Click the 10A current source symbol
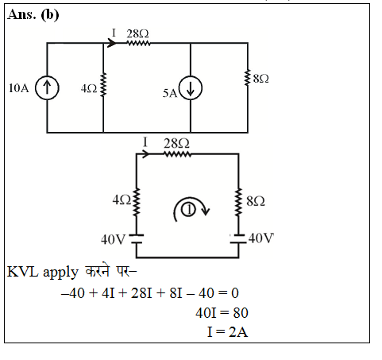pos(47,87)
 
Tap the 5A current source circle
pos(191,88)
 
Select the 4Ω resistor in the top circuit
pos(103,84)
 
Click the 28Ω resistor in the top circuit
pos(139,43)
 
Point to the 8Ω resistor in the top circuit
pos(248,78)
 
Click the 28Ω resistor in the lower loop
pos(177,154)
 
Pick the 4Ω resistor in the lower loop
pos(137,202)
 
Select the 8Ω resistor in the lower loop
pos(238,203)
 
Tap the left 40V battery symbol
pos(137,238)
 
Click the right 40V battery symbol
pos(238,238)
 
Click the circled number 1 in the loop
pos(188,210)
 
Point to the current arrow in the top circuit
pos(112,43)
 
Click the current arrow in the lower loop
pos(145,154)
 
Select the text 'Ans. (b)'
pos(33,14)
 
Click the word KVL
pos(23,272)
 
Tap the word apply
pos(60,273)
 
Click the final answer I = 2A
pos(228,332)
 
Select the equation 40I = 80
pos(222,313)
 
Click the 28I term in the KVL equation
pos(141,293)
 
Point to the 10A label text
pos(18,88)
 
